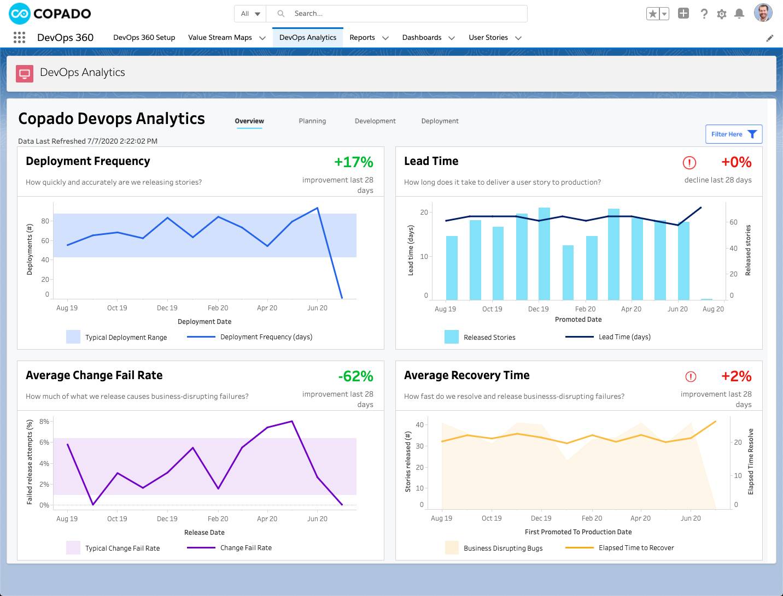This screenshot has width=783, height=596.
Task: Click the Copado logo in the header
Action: pos(50,14)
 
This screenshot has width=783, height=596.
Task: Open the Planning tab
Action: pos(312,121)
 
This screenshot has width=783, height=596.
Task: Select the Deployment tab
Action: pos(440,121)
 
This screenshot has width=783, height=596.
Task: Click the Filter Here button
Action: pos(733,134)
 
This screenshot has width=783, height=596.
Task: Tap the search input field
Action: pos(405,14)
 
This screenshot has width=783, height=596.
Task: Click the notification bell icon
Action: pos(739,14)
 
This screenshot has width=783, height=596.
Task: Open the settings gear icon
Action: pos(722,14)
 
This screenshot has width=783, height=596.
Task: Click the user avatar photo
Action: pos(763,13)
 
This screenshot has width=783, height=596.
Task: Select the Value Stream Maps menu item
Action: pos(220,38)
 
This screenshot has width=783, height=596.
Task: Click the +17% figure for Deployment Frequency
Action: pos(354,162)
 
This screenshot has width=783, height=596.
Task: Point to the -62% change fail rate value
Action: pos(355,376)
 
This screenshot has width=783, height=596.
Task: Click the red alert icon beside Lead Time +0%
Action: pos(689,162)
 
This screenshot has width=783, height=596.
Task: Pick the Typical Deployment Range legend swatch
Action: pos(73,337)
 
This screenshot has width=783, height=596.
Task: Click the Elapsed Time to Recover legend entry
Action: pos(636,548)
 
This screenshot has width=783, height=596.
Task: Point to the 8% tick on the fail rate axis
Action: pos(44,421)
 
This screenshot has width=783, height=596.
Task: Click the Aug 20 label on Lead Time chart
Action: pos(713,309)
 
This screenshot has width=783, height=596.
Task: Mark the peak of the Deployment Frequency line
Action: pos(318,208)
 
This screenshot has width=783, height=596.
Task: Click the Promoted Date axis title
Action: pos(578,320)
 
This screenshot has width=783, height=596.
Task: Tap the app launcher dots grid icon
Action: pos(19,37)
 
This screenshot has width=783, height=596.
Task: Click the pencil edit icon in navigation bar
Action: pos(770,38)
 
